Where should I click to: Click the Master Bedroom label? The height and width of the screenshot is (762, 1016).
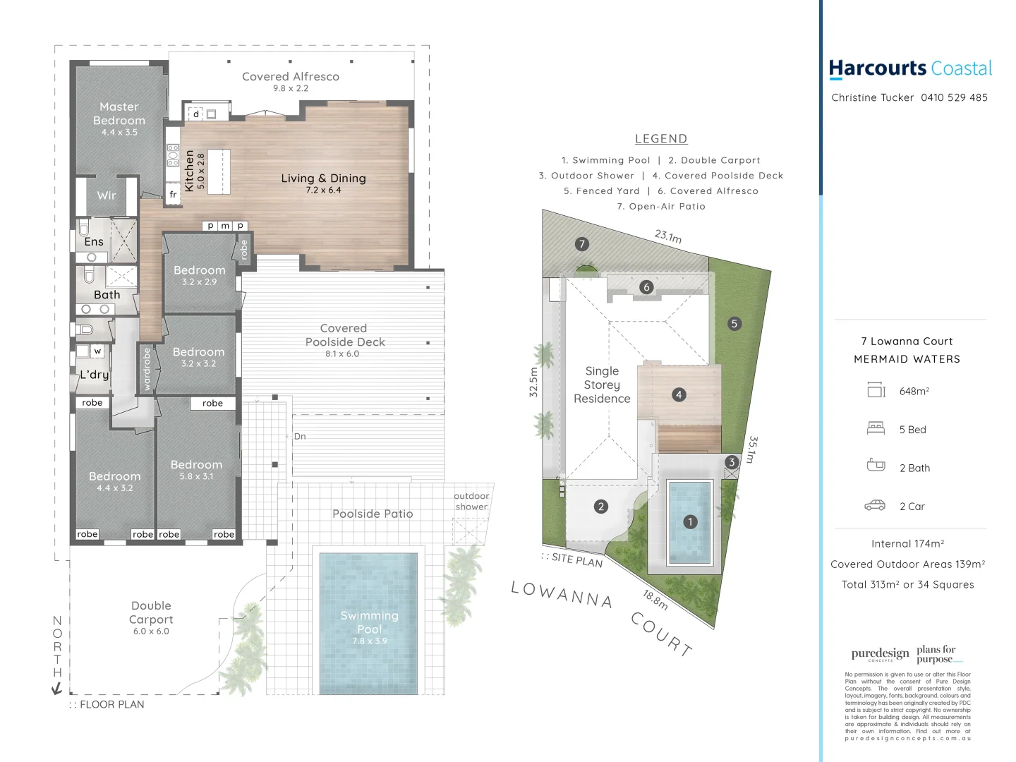tap(119, 114)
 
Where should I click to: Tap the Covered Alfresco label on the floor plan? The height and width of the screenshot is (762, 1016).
tap(290, 77)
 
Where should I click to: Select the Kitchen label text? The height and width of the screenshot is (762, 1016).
tap(189, 170)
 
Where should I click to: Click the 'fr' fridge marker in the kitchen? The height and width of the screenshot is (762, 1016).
tap(173, 195)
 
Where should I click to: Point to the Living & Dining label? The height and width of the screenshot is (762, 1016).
tap(323, 179)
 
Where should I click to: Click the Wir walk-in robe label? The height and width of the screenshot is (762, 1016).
tap(107, 196)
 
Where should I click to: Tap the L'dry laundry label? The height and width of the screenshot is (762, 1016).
tap(94, 375)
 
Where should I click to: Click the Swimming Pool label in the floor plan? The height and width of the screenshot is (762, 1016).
tap(369, 622)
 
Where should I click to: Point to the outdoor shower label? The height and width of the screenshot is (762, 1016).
tap(471, 502)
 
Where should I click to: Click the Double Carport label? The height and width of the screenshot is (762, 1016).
tap(151, 612)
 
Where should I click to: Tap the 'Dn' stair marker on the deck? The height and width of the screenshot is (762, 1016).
tap(300, 437)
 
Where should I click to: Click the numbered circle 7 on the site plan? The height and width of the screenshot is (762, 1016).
tap(581, 244)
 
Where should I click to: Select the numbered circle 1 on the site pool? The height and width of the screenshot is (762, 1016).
tap(690, 521)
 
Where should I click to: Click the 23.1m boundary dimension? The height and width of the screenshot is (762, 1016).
tap(668, 236)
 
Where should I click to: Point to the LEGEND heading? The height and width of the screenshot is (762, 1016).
tap(661, 139)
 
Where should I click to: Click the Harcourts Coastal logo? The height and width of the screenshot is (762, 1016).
tap(910, 68)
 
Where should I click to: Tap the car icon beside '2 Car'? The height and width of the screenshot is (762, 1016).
tap(875, 506)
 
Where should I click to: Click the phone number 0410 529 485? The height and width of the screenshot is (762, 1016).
tap(954, 98)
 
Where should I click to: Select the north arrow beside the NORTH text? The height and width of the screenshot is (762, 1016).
tap(57, 689)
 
